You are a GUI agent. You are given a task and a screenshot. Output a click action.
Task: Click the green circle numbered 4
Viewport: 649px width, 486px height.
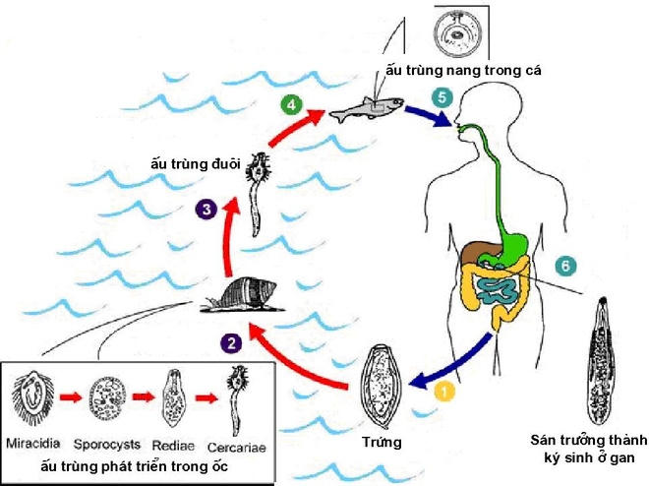point(289,102)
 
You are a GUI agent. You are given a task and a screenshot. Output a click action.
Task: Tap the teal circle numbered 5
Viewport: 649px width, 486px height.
point(442,98)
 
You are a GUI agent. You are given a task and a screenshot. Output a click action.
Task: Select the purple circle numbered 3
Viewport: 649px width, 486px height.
point(205,208)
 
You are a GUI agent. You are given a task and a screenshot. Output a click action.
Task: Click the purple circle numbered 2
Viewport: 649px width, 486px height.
point(232,342)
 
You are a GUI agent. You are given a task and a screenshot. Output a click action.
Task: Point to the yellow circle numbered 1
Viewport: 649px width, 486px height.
point(444,392)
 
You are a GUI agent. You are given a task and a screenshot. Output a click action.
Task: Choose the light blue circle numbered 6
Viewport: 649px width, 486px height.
point(563,266)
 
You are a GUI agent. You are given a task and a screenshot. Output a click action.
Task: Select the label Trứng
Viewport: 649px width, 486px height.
point(383,443)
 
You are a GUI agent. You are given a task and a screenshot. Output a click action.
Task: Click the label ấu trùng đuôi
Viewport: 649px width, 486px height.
point(195,162)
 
